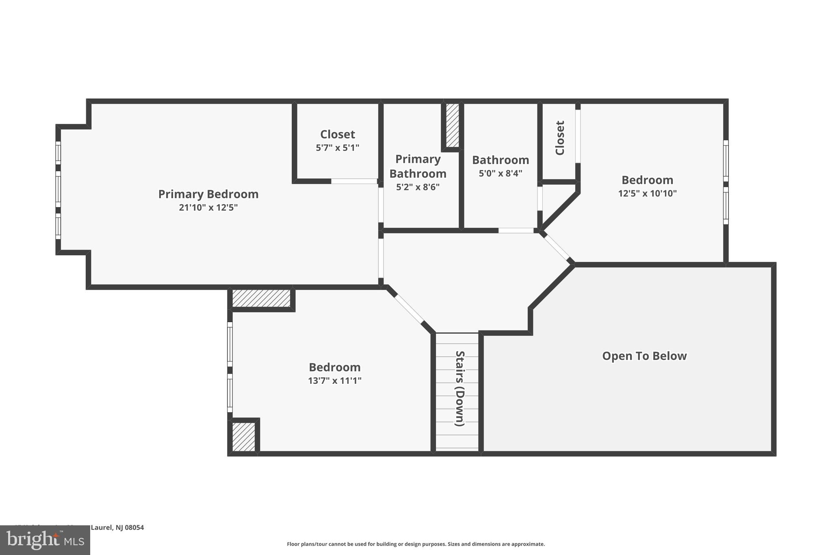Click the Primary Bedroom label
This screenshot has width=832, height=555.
pyautogui.click(x=208, y=194)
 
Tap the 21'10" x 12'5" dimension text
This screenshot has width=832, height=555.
pyautogui.click(x=208, y=208)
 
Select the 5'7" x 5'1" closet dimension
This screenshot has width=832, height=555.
pyautogui.click(x=337, y=148)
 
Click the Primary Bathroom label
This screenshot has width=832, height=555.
pyautogui.click(x=418, y=166)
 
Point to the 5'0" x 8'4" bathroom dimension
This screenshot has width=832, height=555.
pyautogui.click(x=500, y=174)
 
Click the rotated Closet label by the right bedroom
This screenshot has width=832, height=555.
pyautogui.click(x=560, y=138)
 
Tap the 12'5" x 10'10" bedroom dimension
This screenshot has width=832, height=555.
pyautogui.click(x=647, y=194)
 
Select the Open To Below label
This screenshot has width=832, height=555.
pyautogui.click(x=644, y=356)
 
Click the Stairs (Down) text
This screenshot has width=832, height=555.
pyautogui.click(x=459, y=388)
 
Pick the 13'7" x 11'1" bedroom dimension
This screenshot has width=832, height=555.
pyautogui.click(x=334, y=381)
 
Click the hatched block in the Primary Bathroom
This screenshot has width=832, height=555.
pyautogui.click(x=452, y=125)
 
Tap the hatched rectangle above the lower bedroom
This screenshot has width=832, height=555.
pyautogui.click(x=261, y=298)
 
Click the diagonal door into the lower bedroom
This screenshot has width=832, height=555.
pyautogui.click(x=409, y=308)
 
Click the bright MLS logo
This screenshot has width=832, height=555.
pyautogui.click(x=45, y=540)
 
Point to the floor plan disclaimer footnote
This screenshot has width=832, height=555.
pyautogui.click(x=416, y=544)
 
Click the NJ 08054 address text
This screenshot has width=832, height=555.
pyautogui.click(x=117, y=527)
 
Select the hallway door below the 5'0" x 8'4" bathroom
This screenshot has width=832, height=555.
pyautogui.click(x=516, y=231)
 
